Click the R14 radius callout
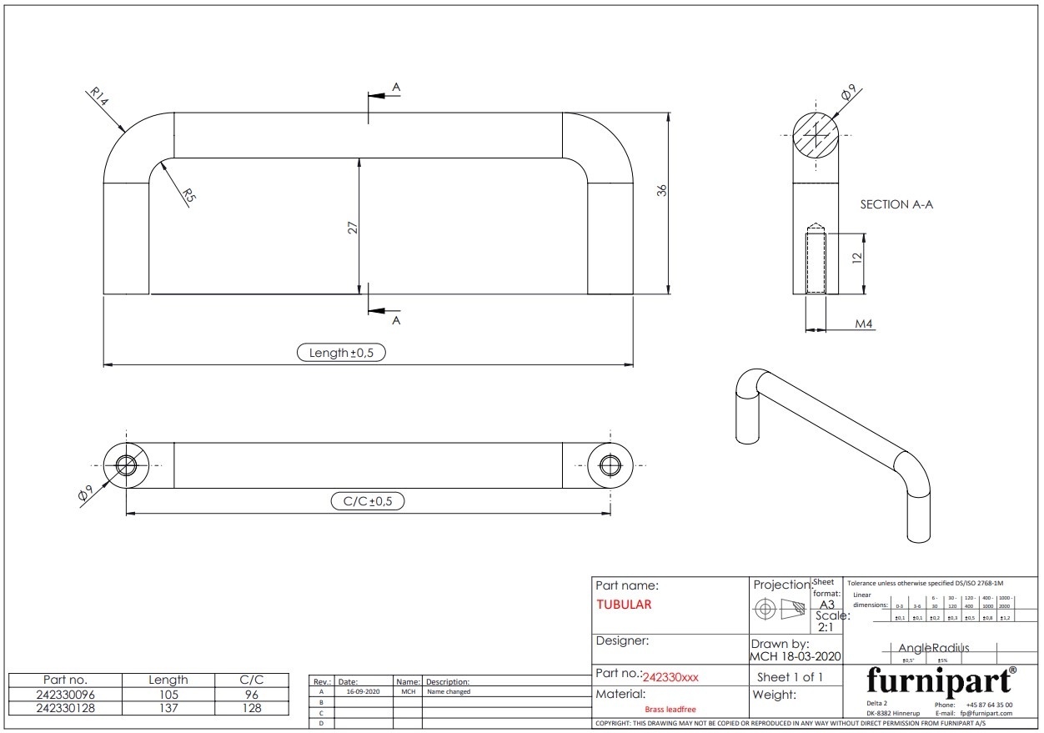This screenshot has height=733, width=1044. coord(98,98)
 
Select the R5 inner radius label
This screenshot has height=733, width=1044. coord(189,196)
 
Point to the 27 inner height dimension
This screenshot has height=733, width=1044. coord(353,226)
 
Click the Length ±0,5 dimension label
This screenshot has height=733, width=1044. coord(341,353)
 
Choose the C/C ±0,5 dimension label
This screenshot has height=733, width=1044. coord(368,501)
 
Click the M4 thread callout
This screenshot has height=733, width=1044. coord(865,324)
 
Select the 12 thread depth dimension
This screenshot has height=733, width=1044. coord(856,259)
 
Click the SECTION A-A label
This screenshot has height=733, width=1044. coord(896,204)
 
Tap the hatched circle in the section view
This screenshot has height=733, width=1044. coord(815,135)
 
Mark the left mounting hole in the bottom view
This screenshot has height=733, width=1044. coord(126,465)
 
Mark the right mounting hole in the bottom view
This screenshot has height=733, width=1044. coord(610,465)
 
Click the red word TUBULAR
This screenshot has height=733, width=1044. coord(624,605)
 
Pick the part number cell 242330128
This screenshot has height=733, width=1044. coord(65,708)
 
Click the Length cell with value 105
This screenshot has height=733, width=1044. coord(168,694)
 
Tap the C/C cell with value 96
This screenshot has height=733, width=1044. coord(252,694)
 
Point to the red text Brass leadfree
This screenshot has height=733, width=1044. coord(670,709)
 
